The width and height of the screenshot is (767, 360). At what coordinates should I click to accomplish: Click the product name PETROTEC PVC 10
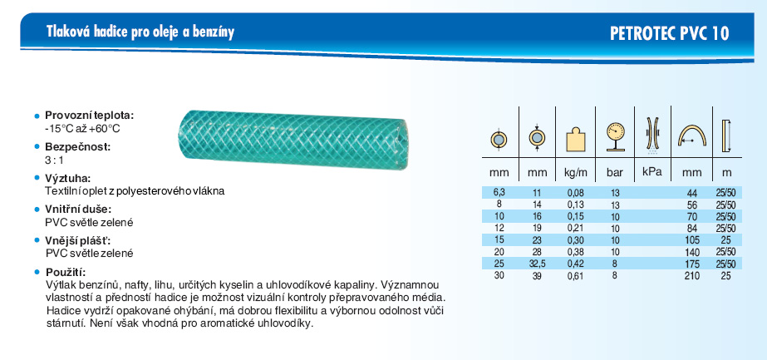pyautogui.click(x=669, y=33)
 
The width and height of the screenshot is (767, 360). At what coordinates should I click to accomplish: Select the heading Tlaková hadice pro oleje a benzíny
pyautogui.click(x=140, y=32)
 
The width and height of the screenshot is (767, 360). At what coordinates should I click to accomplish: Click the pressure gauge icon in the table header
pyautogui.click(x=614, y=136)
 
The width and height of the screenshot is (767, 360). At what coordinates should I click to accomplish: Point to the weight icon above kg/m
pyautogui.click(x=575, y=140)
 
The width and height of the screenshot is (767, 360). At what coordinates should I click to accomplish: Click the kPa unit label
pyautogui.click(x=652, y=171)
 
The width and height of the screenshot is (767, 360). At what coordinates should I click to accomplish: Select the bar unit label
pyautogui.click(x=614, y=172)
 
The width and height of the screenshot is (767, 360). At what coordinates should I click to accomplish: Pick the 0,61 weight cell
pyautogui.click(x=575, y=276)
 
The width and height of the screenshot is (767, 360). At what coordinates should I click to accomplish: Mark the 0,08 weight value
pyautogui.click(x=575, y=193)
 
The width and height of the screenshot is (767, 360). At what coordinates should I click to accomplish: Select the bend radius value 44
pyautogui.click(x=695, y=193)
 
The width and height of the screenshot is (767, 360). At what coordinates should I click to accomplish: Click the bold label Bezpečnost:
pyautogui.click(x=78, y=146)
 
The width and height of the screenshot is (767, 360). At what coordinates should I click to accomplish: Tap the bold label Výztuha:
pyautogui.click(x=68, y=178)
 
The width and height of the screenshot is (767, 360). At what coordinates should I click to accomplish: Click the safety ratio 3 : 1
pyautogui.click(x=54, y=160)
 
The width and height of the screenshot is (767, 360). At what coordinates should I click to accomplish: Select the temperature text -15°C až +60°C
pyautogui.click(x=81, y=129)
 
